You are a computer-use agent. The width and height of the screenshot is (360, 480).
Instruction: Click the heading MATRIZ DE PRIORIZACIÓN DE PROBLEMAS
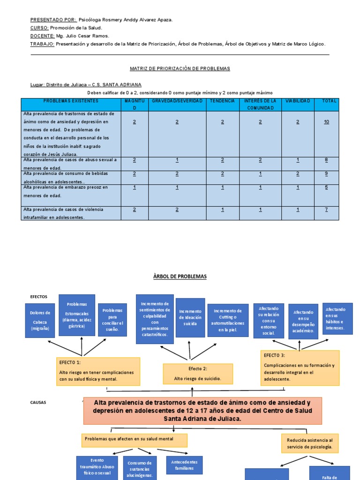(180, 68)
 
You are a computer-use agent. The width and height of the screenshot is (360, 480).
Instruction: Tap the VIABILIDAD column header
(298, 101)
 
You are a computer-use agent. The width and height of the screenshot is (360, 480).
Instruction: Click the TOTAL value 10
(326, 122)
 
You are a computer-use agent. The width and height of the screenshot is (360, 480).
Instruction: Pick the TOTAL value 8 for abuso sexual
(326, 160)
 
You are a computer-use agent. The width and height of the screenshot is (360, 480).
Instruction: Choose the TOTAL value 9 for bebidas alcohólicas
(326, 173)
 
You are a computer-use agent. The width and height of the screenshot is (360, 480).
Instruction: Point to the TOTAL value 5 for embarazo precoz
(326, 187)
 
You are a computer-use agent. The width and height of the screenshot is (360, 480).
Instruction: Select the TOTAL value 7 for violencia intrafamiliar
(326, 210)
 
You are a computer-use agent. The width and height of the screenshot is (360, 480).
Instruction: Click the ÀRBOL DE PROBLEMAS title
(180, 277)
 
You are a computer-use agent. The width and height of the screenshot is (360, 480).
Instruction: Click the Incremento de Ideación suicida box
(190, 318)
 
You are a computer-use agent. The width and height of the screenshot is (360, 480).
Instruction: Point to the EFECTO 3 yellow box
(300, 368)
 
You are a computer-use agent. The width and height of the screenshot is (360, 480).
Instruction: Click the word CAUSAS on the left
(38, 402)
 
